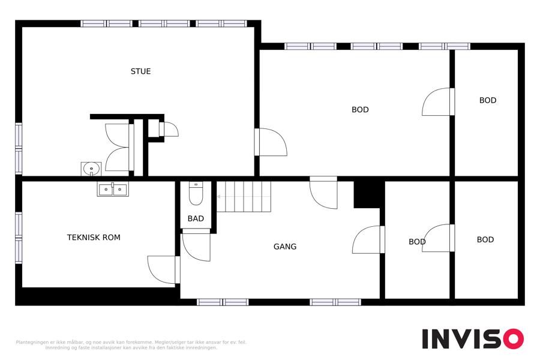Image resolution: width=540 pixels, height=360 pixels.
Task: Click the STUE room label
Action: point(140,71)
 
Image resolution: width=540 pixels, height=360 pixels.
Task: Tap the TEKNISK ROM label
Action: point(94,238)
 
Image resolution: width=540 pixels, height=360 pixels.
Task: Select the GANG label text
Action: point(285,247)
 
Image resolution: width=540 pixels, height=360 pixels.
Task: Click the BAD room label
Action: point(196,218)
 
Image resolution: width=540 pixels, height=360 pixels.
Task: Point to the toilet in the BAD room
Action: point(196,193)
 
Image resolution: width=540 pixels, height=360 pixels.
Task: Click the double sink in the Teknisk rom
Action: point(113,189)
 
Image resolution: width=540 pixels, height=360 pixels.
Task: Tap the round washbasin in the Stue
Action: point(91,169)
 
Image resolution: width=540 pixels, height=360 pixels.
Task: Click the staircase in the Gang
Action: point(244,196)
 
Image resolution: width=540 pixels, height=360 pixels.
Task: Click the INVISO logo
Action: point(473,338)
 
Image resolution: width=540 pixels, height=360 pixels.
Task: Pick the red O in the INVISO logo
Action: point(514,338)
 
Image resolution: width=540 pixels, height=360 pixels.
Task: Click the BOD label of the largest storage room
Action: point(360,110)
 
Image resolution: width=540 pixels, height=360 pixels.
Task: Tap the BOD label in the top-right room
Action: point(488,100)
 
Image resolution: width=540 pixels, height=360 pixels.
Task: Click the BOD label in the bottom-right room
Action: point(485,239)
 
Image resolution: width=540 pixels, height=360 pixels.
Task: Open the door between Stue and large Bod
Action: point(271,142)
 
